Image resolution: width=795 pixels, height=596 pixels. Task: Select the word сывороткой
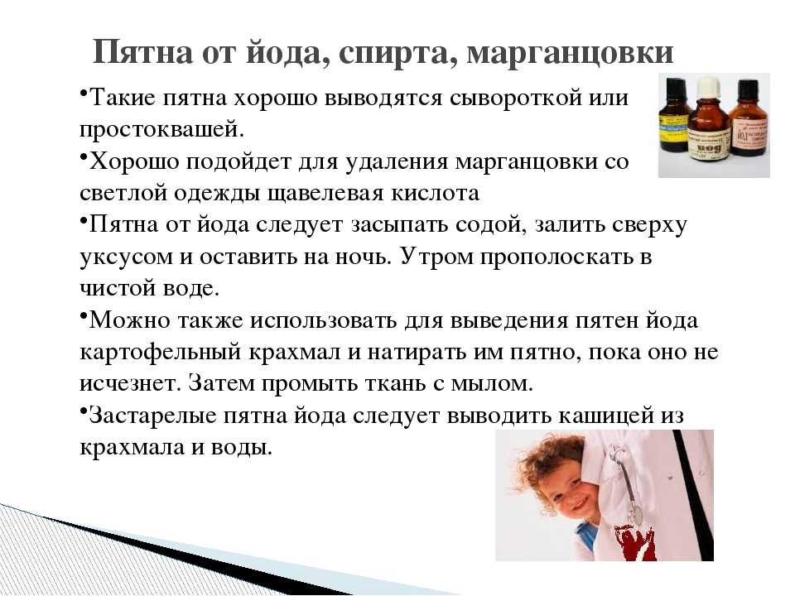pyautogui.click(x=513, y=98)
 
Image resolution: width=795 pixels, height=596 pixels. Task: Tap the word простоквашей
pyautogui.click(x=161, y=130)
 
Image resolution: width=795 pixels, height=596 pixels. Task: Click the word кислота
pyautogui.click(x=435, y=193)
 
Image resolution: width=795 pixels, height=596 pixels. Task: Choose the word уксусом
pyautogui.click(x=126, y=257)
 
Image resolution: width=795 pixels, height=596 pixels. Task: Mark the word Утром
pyautogui.click(x=436, y=257)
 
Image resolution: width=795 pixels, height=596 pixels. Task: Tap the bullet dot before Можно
pyautogui.click(x=83, y=315)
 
